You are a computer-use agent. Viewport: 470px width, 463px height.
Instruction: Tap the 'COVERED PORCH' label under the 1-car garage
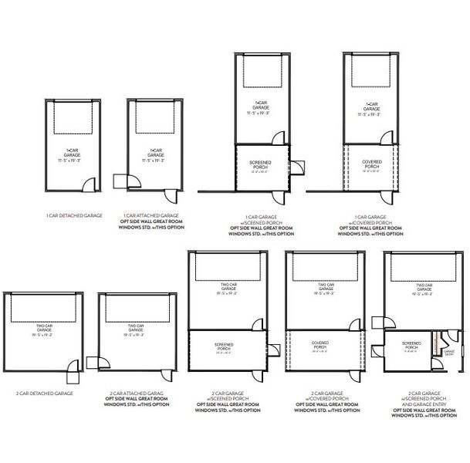tap(371, 165)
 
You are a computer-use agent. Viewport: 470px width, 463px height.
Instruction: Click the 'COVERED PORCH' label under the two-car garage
tap(320, 346)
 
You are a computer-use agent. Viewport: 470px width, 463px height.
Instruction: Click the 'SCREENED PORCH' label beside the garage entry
tap(411, 346)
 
